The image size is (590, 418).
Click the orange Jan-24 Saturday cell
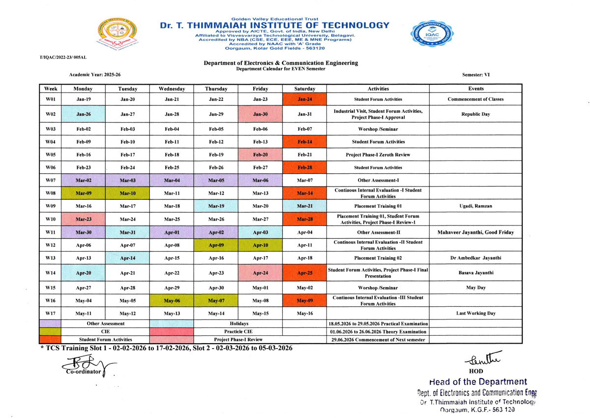[304, 99]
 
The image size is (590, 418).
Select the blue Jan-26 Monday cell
[83, 114]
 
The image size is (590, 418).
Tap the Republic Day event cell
[475, 114]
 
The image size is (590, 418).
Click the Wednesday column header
[172, 89]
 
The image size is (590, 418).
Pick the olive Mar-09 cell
[83, 193]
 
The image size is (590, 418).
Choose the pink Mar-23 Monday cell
[83, 219]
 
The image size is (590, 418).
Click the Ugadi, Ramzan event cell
[475, 206]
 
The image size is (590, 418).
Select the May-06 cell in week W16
[172, 300]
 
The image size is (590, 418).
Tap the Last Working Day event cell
[475, 313]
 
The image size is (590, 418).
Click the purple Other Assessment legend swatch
[51, 323]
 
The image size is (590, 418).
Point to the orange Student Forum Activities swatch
[51, 339]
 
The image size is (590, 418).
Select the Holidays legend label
[238, 323]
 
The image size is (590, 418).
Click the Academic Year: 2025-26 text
[95, 74]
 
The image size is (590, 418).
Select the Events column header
[475, 89]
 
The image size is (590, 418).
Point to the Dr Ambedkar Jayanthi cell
[475, 257]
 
